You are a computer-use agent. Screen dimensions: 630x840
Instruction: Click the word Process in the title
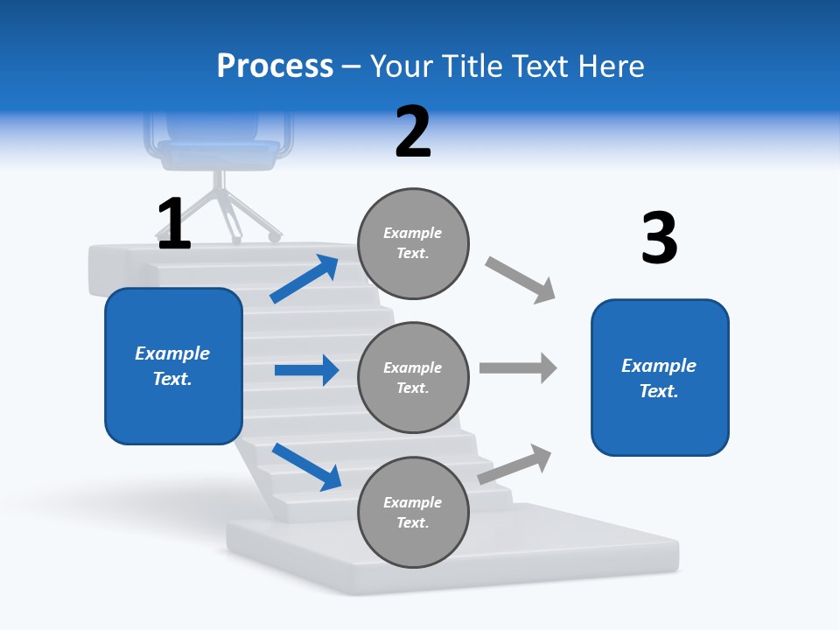tap(275, 66)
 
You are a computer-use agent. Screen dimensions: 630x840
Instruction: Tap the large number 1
tap(174, 224)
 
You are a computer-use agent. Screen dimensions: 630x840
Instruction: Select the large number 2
tap(413, 132)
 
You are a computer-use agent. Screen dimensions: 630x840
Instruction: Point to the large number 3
tap(660, 238)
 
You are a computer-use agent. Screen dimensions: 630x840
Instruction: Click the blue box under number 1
tap(173, 366)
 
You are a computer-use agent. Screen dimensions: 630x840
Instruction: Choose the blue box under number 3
tap(660, 377)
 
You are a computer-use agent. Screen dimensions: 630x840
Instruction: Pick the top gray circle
tap(413, 243)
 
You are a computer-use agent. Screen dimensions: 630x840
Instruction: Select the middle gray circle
tap(413, 377)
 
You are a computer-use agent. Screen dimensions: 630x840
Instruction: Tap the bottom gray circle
tap(413, 512)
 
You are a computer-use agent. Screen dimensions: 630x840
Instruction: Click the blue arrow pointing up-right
tap(304, 279)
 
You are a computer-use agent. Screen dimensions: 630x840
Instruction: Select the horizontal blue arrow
tap(306, 370)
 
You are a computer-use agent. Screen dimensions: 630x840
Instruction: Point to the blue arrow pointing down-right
tap(306, 465)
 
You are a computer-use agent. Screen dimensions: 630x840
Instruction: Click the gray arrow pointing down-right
tap(521, 280)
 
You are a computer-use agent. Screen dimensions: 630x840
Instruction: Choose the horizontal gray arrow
tap(517, 367)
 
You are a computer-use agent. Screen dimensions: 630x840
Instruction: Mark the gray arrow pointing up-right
tap(515, 464)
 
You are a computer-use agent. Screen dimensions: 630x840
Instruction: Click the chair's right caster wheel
tap(275, 236)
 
